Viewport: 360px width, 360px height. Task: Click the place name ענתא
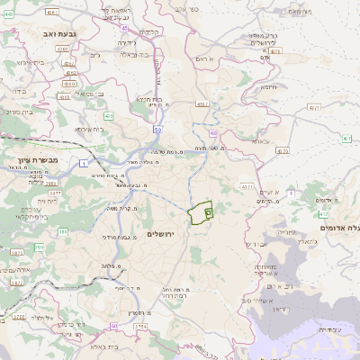point(261,141)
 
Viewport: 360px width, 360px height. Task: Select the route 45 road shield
point(123,28)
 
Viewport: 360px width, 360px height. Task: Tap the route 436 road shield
point(109,115)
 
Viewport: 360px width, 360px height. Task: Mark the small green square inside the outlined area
point(208,212)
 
